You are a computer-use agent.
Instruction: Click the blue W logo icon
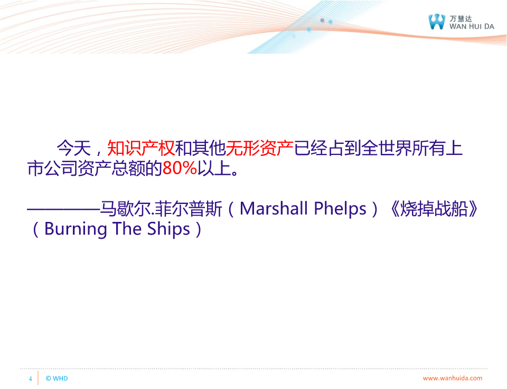tap(437, 22)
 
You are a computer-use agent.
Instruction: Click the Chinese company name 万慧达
tap(461, 18)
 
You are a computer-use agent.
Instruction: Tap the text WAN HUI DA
tap(472, 26)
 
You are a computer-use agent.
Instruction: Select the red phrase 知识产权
tap(141, 148)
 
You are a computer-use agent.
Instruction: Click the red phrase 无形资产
tap(259, 148)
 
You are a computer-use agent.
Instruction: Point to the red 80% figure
tap(180, 168)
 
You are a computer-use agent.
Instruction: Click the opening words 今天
tap(74, 148)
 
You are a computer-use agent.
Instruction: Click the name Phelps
tap(340, 209)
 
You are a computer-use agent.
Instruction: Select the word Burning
tap(76, 229)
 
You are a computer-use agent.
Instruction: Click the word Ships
tap(168, 229)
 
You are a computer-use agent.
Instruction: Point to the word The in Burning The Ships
tap(127, 229)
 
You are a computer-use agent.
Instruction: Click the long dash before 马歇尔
tap(63, 209)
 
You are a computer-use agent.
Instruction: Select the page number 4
tap(31, 378)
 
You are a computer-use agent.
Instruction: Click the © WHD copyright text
tap(57, 378)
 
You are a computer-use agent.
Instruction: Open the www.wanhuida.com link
tap(453, 378)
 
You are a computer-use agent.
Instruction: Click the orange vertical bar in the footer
tap(38, 378)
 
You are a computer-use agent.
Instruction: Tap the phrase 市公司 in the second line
tap(52, 168)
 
